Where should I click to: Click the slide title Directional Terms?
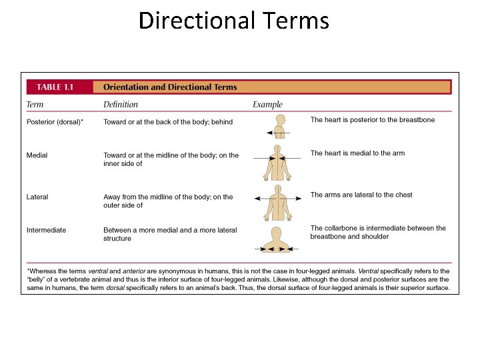click(x=233, y=21)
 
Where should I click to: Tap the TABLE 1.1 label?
click(x=58, y=87)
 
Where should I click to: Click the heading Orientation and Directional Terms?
click(x=170, y=87)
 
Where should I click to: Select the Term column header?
click(x=35, y=104)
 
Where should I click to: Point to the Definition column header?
click(x=121, y=104)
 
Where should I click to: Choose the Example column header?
click(x=267, y=104)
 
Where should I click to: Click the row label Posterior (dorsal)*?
click(x=55, y=122)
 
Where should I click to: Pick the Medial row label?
click(x=37, y=155)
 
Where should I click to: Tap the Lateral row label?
click(x=37, y=197)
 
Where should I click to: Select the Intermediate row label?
click(x=47, y=230)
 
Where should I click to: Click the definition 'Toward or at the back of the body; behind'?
click(x=168, y=122)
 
